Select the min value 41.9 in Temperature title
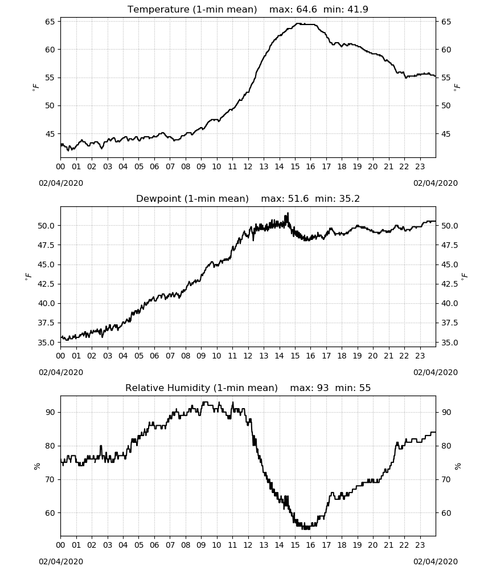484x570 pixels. click(358, 9)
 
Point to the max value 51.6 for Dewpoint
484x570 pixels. click(298, 198)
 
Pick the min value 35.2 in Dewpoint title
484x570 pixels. click(349, 198)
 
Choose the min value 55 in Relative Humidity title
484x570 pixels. click(365, 388)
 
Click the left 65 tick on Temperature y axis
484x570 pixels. click(50, 22)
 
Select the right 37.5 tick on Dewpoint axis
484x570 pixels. click(449, 323)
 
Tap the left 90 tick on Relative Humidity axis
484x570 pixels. click(50, 412)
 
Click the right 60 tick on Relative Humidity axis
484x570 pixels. click(446, 513)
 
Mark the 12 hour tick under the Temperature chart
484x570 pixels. click(248, 166)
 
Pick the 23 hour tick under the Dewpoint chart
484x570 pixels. click(420, 356)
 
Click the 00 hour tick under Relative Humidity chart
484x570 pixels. click(60, 545)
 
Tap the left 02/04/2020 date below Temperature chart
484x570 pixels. click(61, 183)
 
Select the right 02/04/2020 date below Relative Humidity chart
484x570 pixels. click(436, 561)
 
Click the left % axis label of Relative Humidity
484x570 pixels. click(36, 466)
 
